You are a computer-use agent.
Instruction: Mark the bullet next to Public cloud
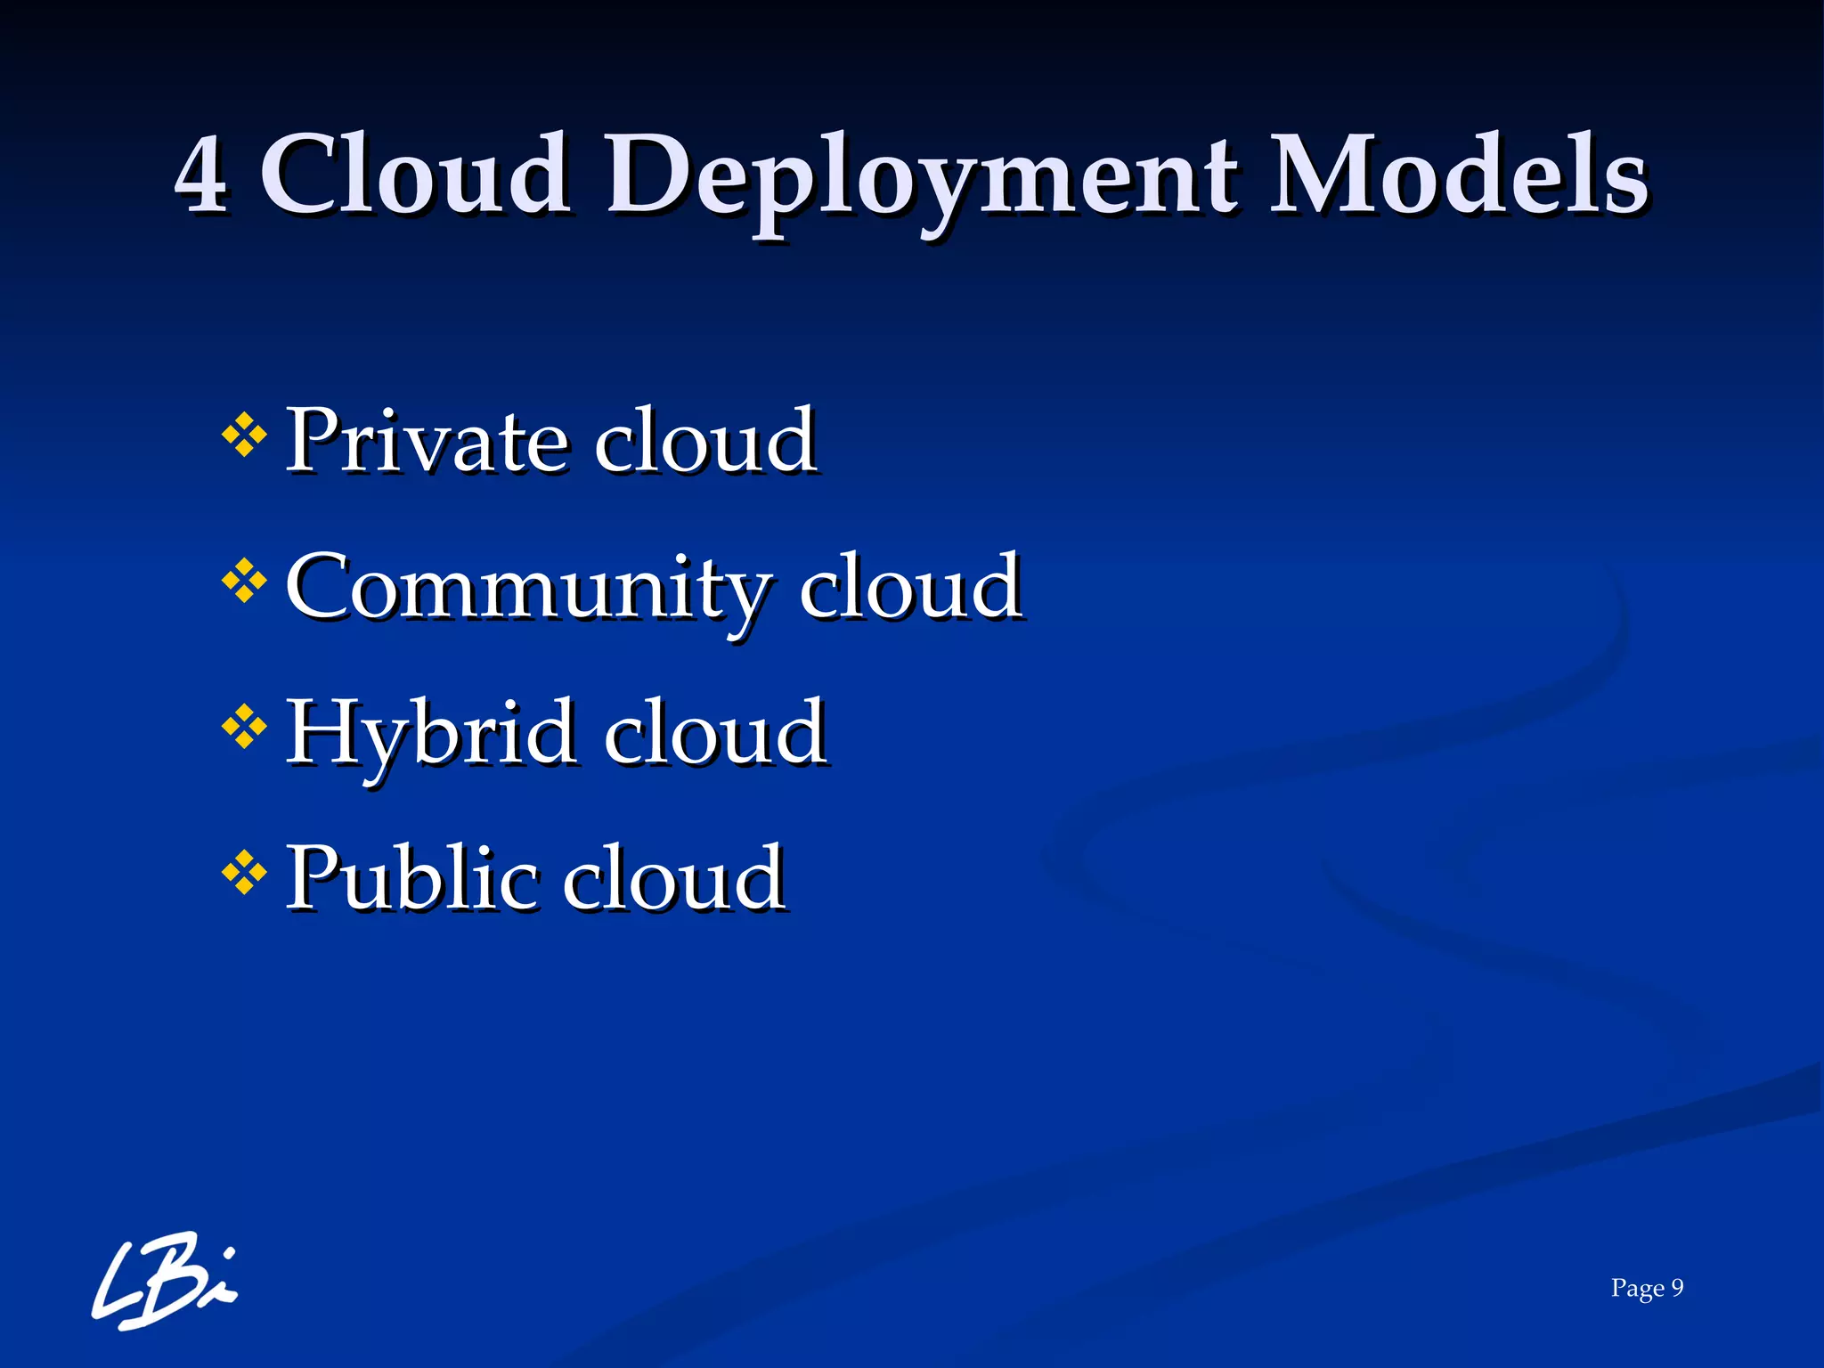[x=244, y=873]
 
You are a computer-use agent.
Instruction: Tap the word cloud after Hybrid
[x=715, y=732]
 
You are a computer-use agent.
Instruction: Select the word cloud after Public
[x=674, y=878]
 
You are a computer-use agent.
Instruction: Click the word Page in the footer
[x=1637, y=1289]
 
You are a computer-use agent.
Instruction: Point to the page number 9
[x=1677, y=1288]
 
